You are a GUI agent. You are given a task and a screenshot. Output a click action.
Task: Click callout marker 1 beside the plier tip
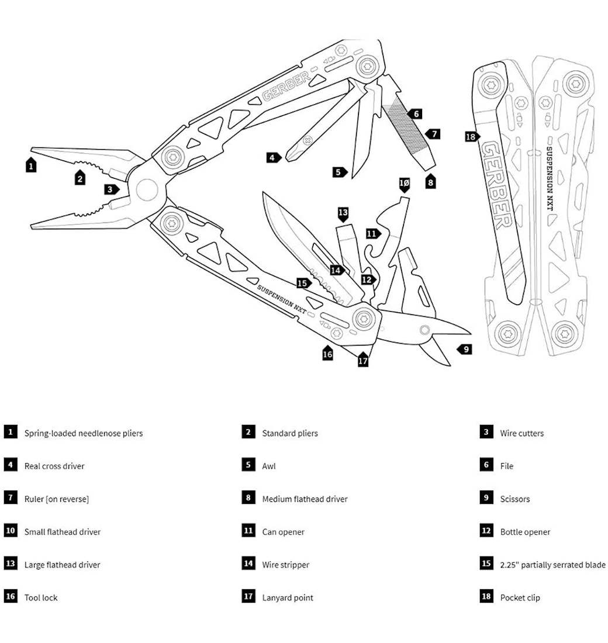pyautogui.click(x=32, y=165)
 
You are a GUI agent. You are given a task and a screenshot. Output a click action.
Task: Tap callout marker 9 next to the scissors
pyautogui.click(x=465, y=350)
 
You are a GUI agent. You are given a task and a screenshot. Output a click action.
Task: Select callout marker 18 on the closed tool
pyautogui.click(x=471, y=137)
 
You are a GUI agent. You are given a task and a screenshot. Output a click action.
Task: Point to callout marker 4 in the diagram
pyautogui.click(x=273, y=157)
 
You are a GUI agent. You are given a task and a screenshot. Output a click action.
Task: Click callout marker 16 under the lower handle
pyautogui.click(x=327, y=354)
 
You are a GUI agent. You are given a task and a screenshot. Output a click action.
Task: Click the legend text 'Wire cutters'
pyautogui.click(x=521, y=433)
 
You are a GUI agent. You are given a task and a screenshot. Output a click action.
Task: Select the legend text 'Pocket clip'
pyautogui.click(x=520, y=597)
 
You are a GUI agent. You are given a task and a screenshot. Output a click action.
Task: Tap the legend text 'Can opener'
pyautogui.click(x=283, y=532)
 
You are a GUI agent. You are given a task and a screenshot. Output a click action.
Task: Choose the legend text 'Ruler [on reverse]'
pyautogui.click(x=57, y=499)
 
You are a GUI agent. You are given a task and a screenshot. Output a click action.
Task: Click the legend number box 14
pyautogui.click(x=248, y=564)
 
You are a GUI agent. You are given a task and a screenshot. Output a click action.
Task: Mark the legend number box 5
pyautogui.click(x=248, y=465)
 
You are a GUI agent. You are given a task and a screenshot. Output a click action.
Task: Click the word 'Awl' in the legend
pyautogui.click(x=269, y=466)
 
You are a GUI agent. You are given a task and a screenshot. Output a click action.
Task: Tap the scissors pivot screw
pyautogui.click(x=425, y=330)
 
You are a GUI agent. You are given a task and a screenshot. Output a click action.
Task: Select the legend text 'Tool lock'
pyautogui.click(x=41, y=597)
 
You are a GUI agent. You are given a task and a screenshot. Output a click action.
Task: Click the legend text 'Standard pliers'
pyautogui.click(x=290, y=433)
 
